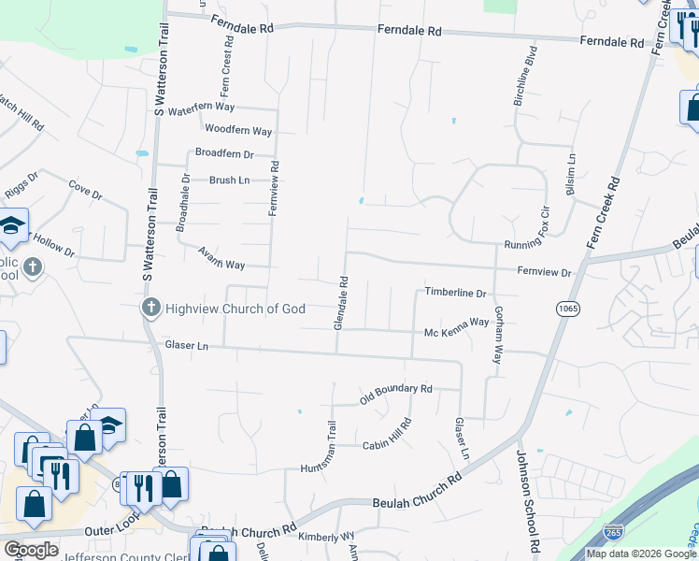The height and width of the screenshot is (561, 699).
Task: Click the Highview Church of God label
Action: click(235, 309)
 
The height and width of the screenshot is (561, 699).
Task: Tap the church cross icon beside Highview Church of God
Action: click(150, 308)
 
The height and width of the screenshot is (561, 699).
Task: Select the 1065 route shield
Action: click(566, 309)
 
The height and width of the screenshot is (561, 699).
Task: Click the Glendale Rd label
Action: click(342, 302)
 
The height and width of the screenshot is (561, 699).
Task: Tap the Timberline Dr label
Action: click(456, 293)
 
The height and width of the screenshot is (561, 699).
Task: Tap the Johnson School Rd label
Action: click(529, 500)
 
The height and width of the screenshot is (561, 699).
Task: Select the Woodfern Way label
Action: click(238, 130)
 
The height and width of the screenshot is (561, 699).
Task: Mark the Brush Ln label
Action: click(229, 180)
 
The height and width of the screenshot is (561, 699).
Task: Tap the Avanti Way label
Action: click(221, 257)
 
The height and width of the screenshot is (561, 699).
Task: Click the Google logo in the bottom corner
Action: click(30, 550)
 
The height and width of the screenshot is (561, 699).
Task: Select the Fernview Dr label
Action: click(545, 272)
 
